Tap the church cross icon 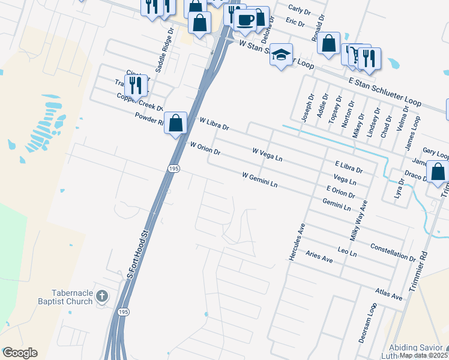pos(102,296)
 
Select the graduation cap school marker pos(280,55)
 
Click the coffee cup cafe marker pos(244,20)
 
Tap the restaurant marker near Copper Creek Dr pos(136,85)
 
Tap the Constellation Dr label pos(393,251)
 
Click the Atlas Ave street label pos(388,294)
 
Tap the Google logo pos(20,353)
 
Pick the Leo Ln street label pos(348,251)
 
